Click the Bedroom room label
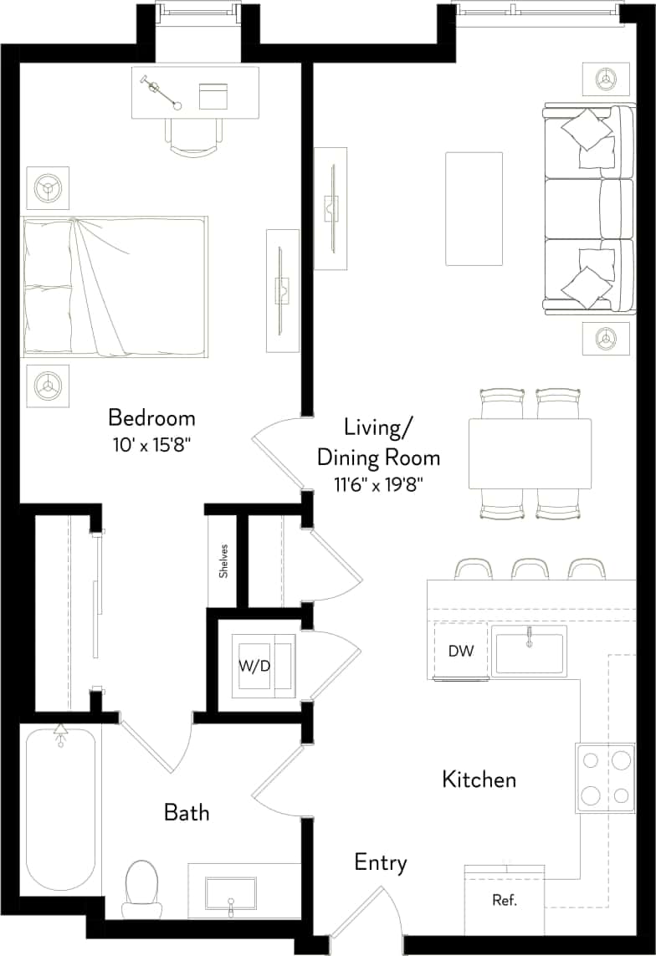click(151, 417)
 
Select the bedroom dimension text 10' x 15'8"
click(151, 445)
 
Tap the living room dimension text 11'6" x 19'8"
click(378, 483)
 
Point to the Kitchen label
click(479, 780)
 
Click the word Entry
click(381, 862)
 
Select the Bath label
click(186, 811)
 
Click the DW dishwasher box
click(461, 651)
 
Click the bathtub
click(59, 811)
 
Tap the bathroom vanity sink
click(232, 897)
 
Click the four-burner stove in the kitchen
click(605, 777)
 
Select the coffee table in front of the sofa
click(474, 208)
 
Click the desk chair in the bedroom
click(193, 136)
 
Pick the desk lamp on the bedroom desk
click(162, 92)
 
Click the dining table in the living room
click(530, 453)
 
